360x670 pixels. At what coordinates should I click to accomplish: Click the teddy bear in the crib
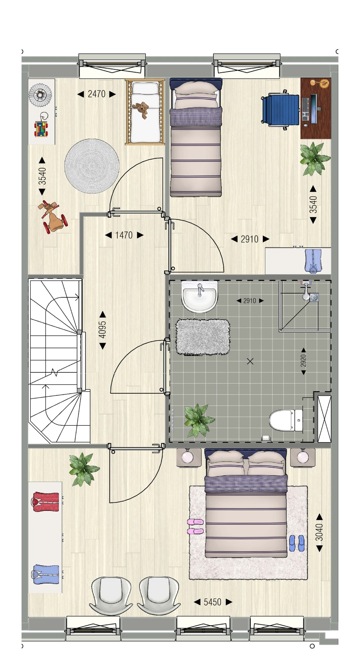142,110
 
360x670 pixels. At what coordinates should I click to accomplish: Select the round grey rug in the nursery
92,166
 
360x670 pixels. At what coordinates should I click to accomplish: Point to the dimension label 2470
96,94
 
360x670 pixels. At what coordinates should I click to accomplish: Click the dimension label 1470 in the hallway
124,235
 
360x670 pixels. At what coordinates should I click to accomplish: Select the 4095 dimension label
102,330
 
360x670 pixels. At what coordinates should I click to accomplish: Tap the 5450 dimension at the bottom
213,602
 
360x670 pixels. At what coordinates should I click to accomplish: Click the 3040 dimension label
319,532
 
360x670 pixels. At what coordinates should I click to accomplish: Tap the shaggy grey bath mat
203,337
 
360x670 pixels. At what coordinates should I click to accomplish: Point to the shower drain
315,298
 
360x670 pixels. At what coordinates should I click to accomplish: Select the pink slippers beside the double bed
195,527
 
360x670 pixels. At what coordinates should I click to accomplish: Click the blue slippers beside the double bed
297,543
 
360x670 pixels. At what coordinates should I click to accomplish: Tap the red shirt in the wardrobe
46,501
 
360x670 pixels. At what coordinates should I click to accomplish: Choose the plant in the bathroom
199,420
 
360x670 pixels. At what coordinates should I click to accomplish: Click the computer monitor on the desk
313,109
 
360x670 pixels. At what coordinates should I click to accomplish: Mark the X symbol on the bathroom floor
250,361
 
